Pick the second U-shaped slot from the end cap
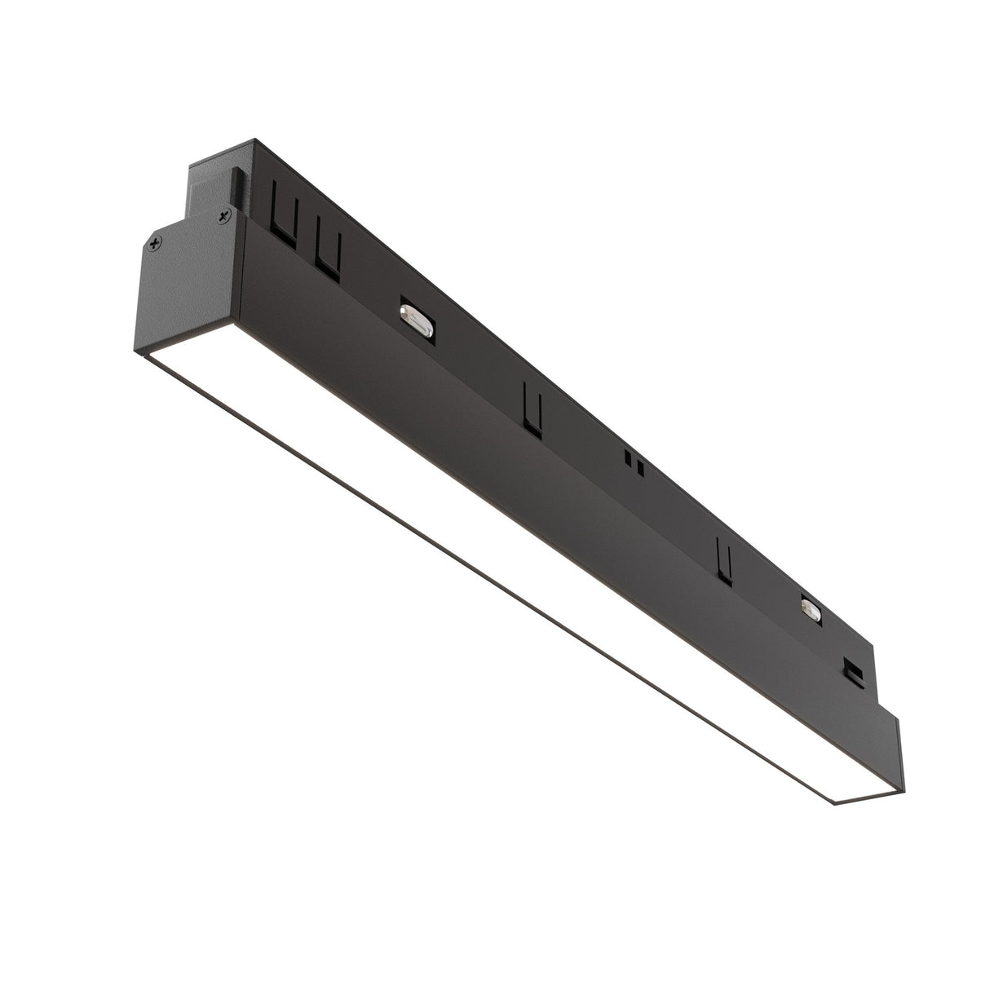[x=326, y=246]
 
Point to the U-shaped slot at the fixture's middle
[x=532, y=407]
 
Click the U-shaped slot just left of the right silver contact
[x=723, y=560]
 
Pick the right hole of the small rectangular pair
[x=641, y=468]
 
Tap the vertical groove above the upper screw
[x=235, y=185]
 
